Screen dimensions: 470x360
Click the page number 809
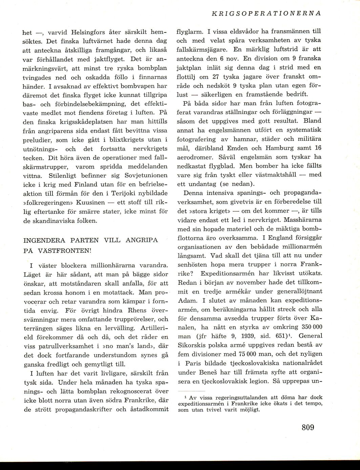click(x=308, y=427)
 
